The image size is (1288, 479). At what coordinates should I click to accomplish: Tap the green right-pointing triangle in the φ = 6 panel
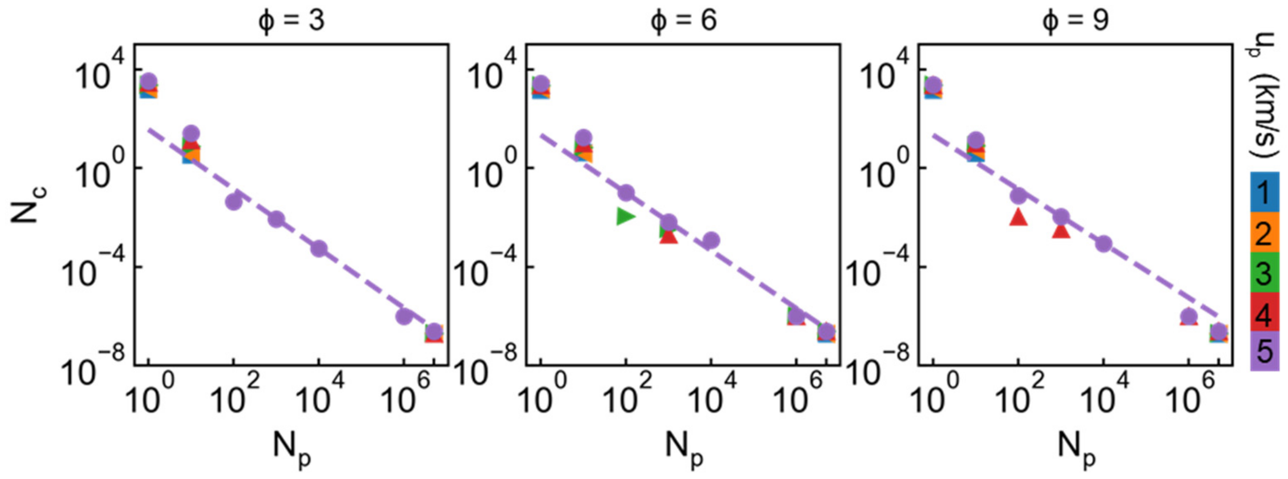625,216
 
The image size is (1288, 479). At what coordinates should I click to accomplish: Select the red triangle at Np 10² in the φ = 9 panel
1018,217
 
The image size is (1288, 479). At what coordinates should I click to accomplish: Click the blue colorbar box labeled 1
1264,192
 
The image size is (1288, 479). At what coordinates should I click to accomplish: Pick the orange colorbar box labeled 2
1264,232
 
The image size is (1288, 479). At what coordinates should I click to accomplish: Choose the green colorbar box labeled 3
1264,271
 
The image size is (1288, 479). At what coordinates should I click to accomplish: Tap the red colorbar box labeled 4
1264,311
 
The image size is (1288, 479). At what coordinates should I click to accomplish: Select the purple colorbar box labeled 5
1264,351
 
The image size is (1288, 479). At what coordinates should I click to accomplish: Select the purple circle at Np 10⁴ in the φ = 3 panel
318,248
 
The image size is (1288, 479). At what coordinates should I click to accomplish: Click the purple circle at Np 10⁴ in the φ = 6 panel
711,240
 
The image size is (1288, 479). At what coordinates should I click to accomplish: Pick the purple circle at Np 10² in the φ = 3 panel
233,201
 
